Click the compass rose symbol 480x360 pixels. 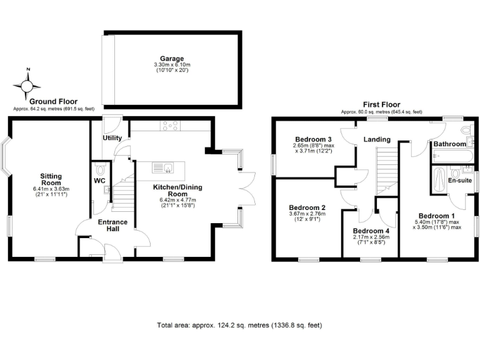(x=27, y=84)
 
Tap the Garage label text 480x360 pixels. (x=171, y=59)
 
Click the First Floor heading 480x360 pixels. (x=381, y=104)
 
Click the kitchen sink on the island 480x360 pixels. (x=168, y=167)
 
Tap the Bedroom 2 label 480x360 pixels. (x=306, y=207)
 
